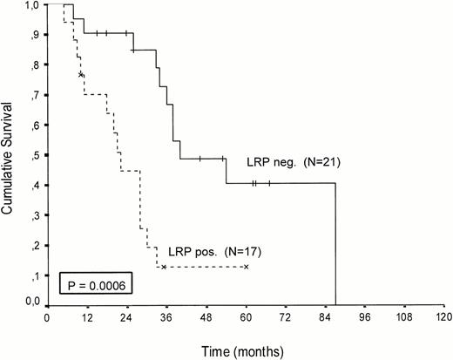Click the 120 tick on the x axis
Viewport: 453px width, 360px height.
tap(444, 316)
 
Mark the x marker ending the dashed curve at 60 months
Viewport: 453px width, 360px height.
tap(247, 267)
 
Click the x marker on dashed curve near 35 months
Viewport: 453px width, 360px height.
tap(164, 267)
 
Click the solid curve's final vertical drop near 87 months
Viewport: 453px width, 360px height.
tap(335, 244)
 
